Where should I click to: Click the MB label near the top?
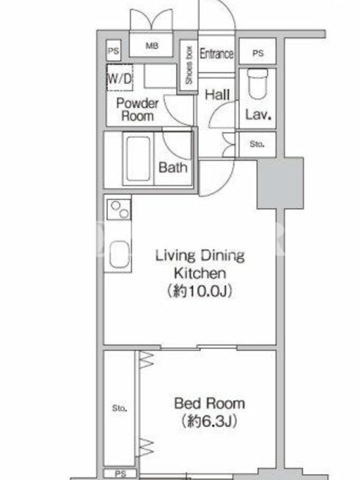[152, 46]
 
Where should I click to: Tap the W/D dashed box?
[119, 77]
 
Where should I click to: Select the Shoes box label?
[189, 65]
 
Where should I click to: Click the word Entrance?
[217, 53]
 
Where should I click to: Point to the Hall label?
[217, 95]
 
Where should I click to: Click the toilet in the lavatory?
[257, 83]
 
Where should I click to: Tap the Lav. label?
[259, 115]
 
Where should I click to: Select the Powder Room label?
[137, 110]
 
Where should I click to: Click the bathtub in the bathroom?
[138, 158]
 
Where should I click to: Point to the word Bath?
[173, 167]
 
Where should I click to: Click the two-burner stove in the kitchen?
[119, 209]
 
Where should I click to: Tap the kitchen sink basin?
[119, 254]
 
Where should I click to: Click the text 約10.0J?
[200, 291]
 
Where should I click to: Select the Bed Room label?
[209, 403]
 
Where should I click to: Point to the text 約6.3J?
[209, 421]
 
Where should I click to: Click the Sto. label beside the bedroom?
[119, 408]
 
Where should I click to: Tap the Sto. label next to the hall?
[257, 144]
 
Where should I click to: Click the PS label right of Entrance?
[258, 53]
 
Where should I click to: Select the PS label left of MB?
[113, 50]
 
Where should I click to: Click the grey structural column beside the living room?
[280, 184]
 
